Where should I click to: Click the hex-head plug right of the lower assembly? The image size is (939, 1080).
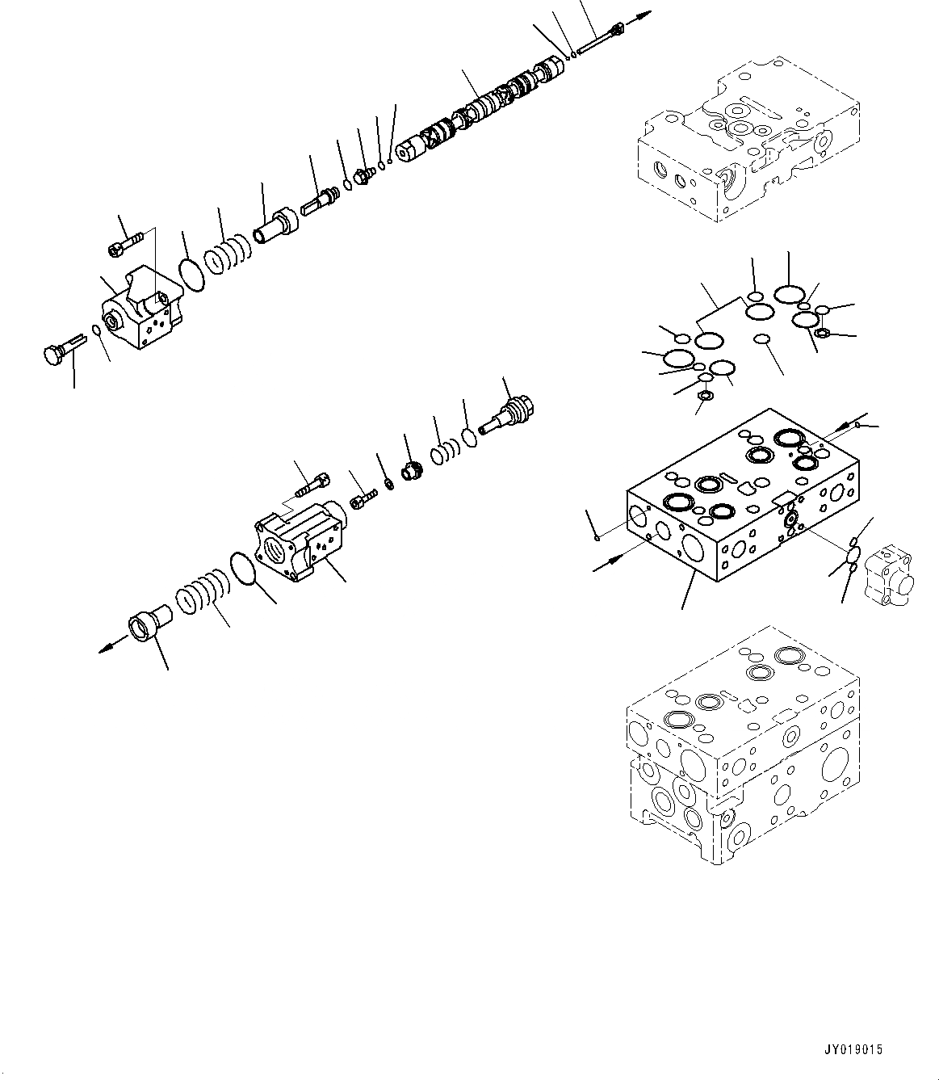tap(506, 413)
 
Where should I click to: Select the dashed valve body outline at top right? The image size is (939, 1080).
tap(747, 137)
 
